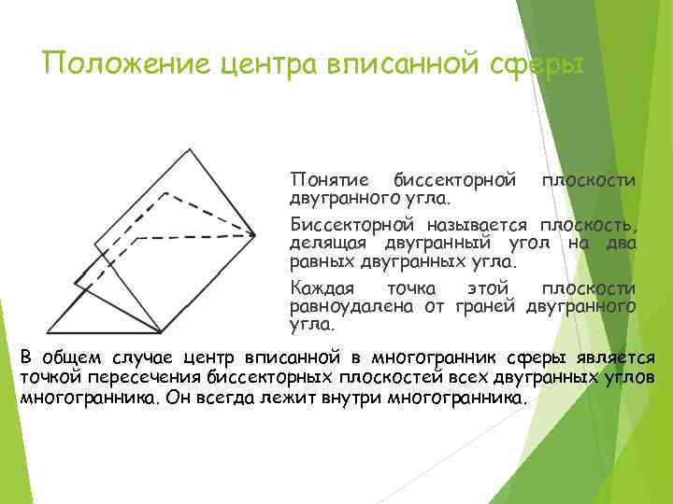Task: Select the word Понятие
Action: click(x=330, y=179)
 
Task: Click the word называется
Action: click(x=480, y=226)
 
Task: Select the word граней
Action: click(x=488, y=305)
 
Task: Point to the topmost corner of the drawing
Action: click(x=191, y=147)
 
